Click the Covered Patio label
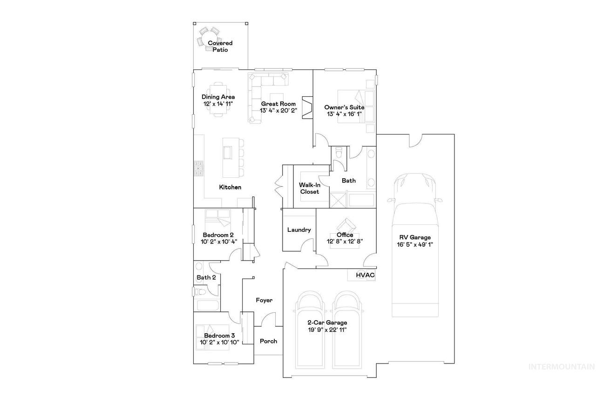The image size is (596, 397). [220, 46]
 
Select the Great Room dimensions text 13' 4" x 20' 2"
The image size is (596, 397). [278, 111]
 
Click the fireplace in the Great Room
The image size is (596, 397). [307, 107]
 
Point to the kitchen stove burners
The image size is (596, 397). [199, 168]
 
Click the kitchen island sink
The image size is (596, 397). [228, 153]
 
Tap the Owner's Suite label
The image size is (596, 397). [344, 107]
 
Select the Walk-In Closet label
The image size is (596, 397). [310, 188]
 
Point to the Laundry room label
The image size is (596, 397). [299, 230]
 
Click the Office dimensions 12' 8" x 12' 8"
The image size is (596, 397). [345, 242]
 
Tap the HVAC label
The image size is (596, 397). [366, 275]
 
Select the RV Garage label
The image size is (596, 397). [415, 237]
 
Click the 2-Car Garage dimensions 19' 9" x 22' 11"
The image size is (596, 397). [327, 330]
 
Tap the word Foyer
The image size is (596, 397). [264, 300]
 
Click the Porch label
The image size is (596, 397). [269, 341]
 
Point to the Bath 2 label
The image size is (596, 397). [206, 277]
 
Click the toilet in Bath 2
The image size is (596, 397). [200, 292]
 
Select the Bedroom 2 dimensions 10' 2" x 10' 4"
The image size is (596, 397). [219, 242]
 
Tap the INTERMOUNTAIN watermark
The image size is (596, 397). [562, 367]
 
